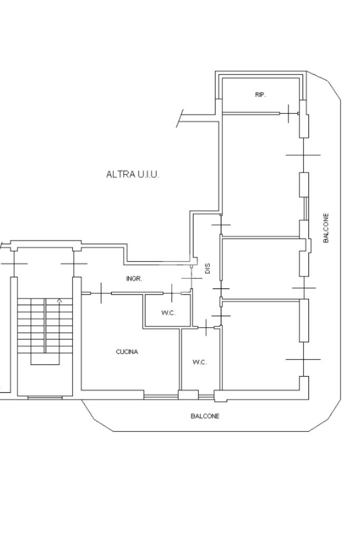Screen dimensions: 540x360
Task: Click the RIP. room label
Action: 260,95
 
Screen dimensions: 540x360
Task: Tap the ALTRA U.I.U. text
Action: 132,174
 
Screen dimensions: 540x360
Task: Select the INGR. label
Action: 134,278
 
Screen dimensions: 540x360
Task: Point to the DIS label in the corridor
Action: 208,268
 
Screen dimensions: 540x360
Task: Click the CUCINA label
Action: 127,352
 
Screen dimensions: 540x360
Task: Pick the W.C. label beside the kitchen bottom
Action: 200,362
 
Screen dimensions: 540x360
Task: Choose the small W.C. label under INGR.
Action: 168,313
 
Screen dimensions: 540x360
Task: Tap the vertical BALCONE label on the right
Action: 326,228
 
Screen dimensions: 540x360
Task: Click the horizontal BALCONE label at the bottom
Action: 205,416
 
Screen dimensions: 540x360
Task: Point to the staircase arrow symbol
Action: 59,301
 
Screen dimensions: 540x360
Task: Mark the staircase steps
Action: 44,327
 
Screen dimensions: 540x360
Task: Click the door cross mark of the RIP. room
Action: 289,113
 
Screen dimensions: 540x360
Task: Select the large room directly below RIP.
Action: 261,169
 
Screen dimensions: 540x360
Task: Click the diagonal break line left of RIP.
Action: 180,118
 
